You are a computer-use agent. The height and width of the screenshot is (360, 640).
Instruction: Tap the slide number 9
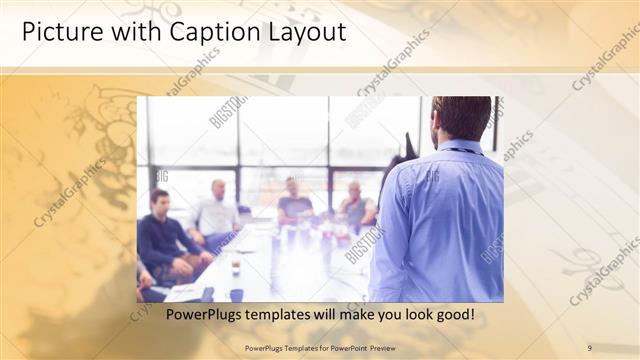coord(589,347)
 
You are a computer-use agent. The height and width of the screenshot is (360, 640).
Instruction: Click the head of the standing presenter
coord(462,117)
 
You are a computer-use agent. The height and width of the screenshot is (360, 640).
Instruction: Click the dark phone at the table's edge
coord(236,294)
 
